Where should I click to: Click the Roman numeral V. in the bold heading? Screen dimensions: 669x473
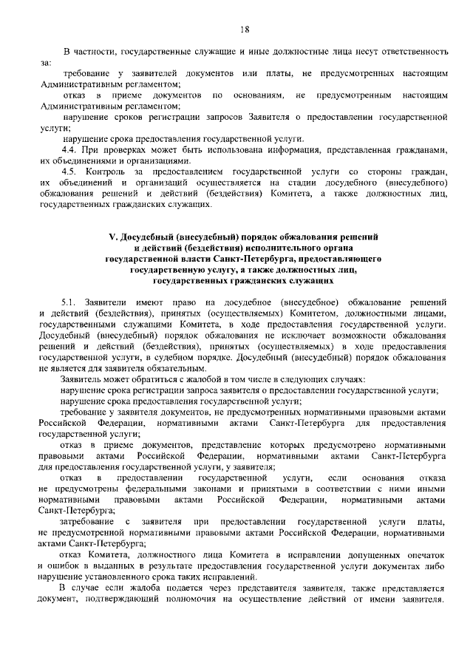[x=113, y=237]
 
